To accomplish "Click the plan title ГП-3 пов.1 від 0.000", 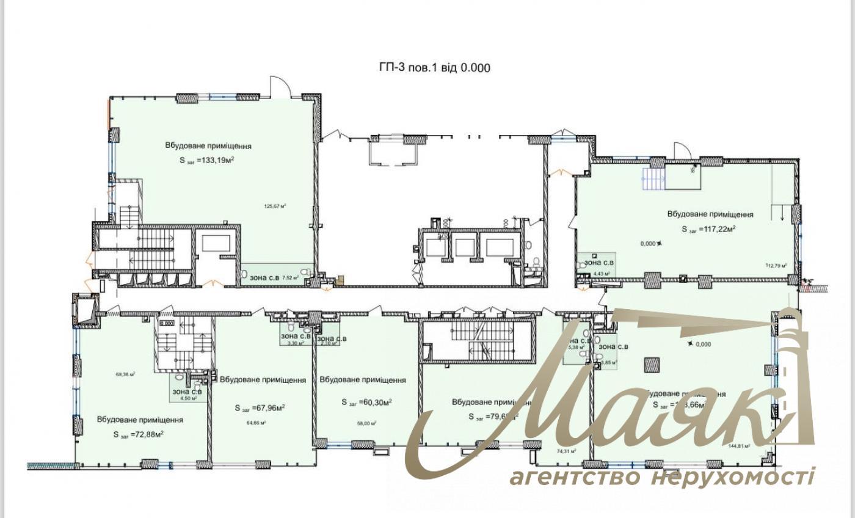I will click(434, 68).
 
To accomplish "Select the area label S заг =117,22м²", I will click(708, 229).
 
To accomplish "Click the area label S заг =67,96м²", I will click(260, 408).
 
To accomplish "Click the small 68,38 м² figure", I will click(125, 375).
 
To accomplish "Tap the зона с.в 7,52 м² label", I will click(274, 277).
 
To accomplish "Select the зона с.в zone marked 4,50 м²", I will click(187, 394).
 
